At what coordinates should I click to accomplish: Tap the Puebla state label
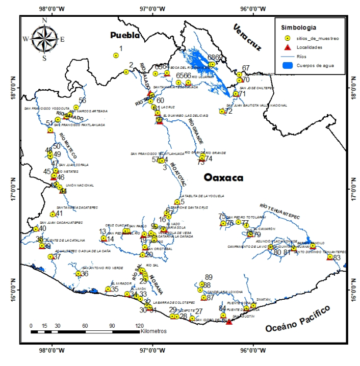coord(125,35)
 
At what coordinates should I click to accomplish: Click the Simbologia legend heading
coord(300,27)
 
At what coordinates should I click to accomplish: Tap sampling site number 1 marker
coord(116,56)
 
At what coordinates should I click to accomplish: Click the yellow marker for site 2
coord(126,72)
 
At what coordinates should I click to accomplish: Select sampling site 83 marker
coord(330,257)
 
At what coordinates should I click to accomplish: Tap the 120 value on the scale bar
coord(139,325)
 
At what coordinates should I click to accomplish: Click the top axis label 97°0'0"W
coord(152,9)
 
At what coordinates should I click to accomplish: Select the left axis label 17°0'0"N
coord(11,188)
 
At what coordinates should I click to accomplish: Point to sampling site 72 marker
coord(222,111)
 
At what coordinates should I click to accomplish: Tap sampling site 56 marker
coord(76,108)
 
